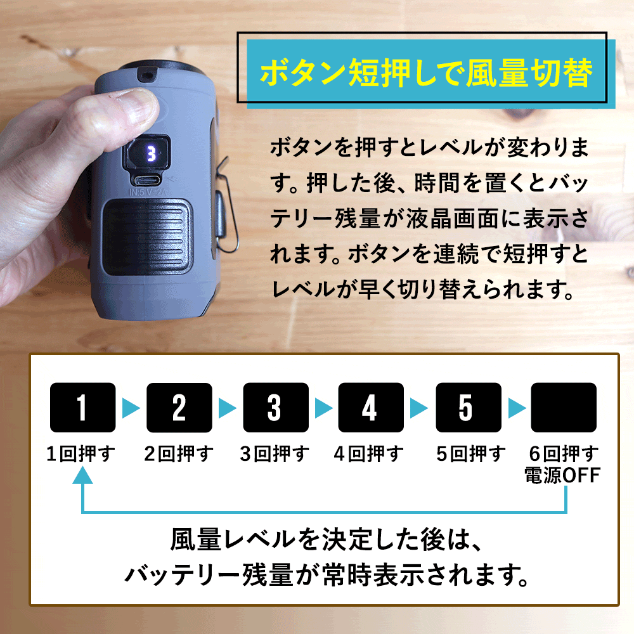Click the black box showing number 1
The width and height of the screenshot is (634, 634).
coord(82,408)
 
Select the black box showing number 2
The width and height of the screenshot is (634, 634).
coord(179,408)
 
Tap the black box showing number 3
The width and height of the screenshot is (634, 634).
coord(275,408)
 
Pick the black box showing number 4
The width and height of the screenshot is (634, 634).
coord(371,408)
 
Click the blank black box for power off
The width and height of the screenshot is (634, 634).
coord(564,408)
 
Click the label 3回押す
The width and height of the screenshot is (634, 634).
coord(275,454)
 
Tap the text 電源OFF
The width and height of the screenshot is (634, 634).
coord(561,475)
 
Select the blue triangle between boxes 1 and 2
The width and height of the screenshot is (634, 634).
coord(131,408)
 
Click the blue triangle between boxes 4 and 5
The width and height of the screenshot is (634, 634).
coord(419,408)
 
